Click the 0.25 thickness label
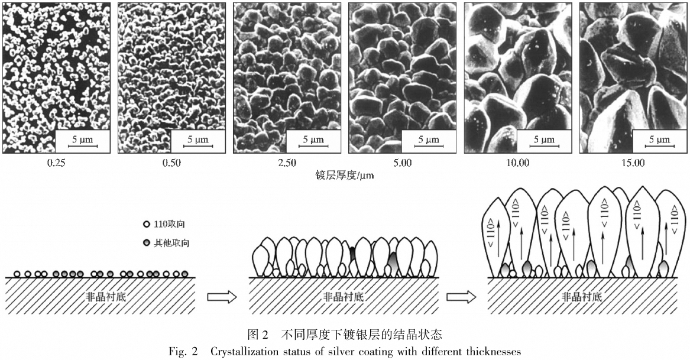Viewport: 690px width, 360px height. click(x=56, y=163)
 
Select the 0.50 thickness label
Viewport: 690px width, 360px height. click(x=171, y=163)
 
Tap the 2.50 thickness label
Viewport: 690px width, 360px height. click(x=287, y=163)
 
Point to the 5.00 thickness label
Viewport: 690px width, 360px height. click(x=403, y=163)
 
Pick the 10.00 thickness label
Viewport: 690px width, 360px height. click(x=518, y=163)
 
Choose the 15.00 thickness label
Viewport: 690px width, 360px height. click(x=633, y=163)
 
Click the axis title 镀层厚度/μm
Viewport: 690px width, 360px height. click(x=345, y=176)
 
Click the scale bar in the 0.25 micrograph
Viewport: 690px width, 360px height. click(x=83, y=146)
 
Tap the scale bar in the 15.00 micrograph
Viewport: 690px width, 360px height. click(x=660, y=146)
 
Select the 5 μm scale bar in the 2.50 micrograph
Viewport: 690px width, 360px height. click(x=313, y=146)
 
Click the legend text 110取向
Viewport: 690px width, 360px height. click(x=170, y=225)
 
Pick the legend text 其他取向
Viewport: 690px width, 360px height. click(x=171, y=243)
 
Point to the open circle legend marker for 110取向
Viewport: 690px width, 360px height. click(x=147, y=225)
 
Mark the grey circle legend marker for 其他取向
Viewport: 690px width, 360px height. click(x=147, y=243)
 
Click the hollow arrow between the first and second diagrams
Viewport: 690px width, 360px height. click(x=222, y=297)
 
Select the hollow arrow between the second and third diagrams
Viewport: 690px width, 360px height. click(x=461, y=297)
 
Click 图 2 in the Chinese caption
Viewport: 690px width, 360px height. click(x=258, y=335)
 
